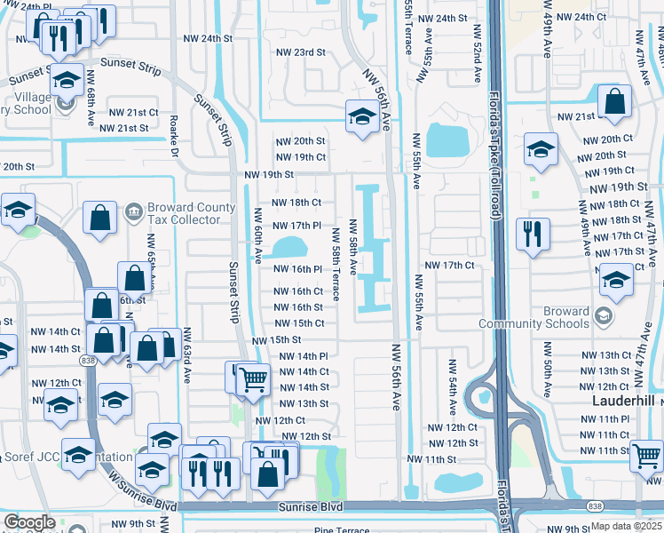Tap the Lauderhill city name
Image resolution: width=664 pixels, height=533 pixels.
622,402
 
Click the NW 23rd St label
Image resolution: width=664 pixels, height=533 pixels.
298,52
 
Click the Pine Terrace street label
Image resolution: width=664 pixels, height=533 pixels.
342,530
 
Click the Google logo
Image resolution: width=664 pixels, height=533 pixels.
29,522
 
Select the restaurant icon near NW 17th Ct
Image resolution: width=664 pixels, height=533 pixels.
532,235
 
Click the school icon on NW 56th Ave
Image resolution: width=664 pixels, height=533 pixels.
361,116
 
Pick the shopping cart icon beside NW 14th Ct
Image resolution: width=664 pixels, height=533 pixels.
253,379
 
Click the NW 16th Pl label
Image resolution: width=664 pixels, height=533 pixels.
296,269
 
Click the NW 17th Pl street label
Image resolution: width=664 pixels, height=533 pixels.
296,227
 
